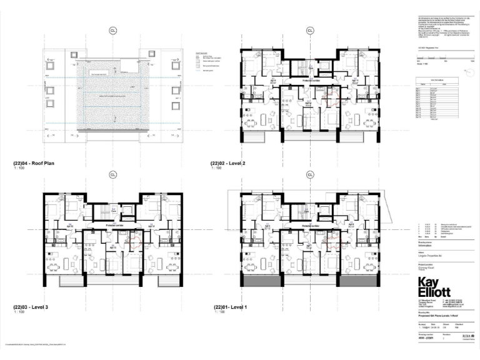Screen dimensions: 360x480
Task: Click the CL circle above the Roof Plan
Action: point(112,30)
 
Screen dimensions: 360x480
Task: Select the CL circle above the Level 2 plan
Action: point(309,30)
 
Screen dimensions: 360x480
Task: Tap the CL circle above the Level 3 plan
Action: point(112,175)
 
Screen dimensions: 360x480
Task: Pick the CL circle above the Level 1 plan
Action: point(309,175)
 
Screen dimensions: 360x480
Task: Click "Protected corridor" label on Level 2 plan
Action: point(311,81)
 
